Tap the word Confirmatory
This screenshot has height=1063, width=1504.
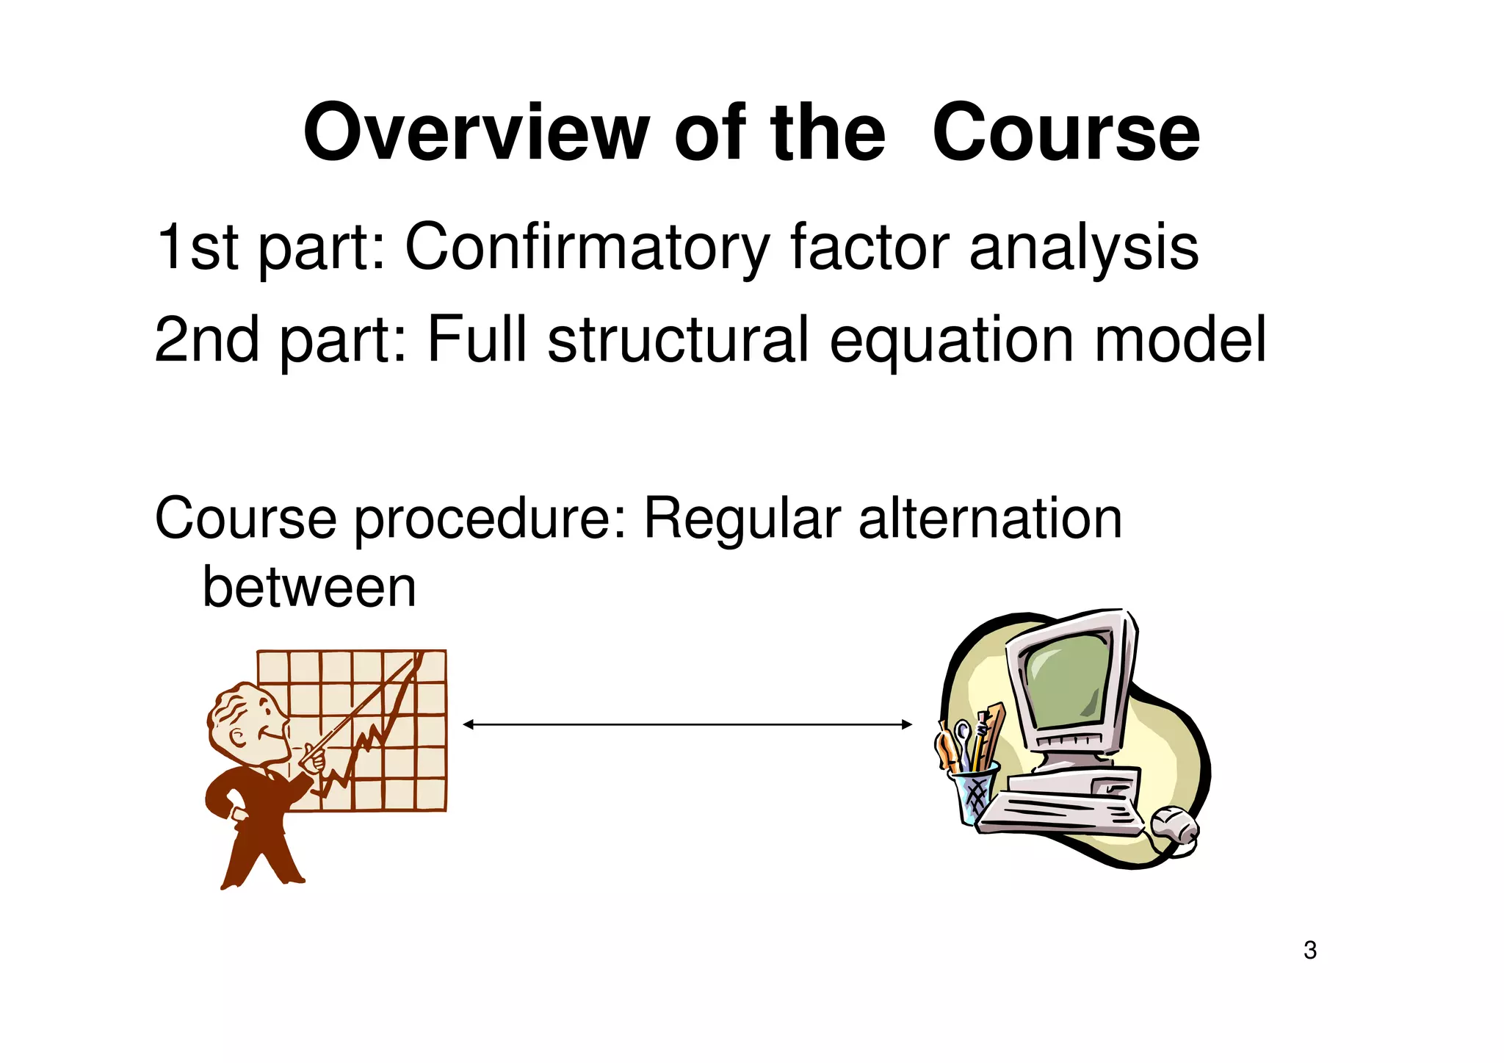[587, 247]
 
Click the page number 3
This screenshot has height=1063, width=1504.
[1310, 950]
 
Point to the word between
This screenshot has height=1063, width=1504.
[309, 587]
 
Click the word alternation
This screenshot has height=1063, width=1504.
[990, 519]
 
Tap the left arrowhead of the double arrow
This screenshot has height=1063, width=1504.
[469, 724]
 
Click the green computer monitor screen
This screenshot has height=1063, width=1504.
[1067, 682]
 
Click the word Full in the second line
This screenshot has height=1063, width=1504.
[477, 340]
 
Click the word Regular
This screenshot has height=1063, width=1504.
[742, 519]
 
